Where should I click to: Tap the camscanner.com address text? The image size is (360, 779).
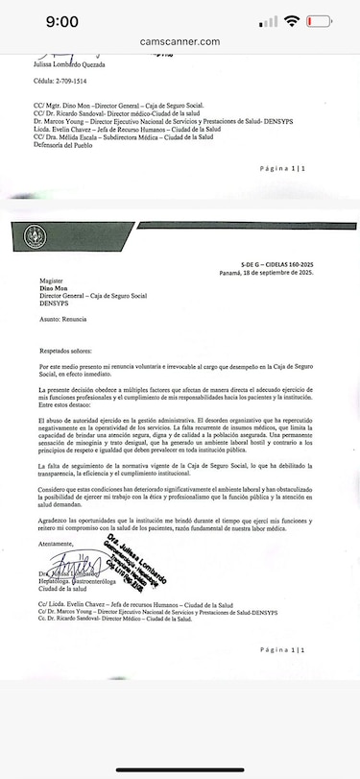pyautogui.click(x=180, y=42)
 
